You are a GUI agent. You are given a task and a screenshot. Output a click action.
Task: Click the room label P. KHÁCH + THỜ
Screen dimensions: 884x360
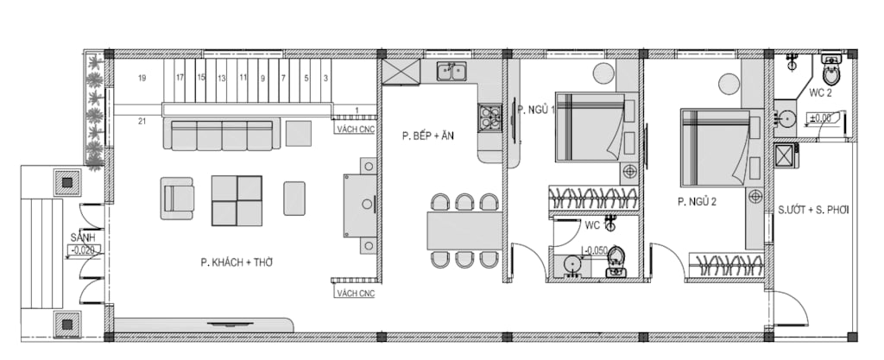tap(237, 262)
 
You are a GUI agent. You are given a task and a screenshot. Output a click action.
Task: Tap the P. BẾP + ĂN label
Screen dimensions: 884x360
tap(428, 136)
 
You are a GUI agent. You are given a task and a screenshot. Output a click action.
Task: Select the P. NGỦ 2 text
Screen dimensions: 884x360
tap(697, 202)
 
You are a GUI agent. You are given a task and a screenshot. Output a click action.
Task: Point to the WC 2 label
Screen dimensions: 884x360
tap(820, 93)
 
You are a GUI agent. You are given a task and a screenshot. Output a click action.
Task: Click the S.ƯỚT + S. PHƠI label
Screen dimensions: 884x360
tap(813, 210)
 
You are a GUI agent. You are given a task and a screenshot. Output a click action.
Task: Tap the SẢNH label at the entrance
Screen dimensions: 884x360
tap(82, 237)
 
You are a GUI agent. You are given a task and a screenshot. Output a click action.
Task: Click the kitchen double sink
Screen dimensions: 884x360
tap(451, 72)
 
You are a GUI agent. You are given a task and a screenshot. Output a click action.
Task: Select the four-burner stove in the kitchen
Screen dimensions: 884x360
tap(489, 117)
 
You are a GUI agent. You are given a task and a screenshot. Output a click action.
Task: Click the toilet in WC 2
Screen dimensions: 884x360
tap(831, 69)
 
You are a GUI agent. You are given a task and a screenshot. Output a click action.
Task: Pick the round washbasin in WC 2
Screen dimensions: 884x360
tap(785, 118)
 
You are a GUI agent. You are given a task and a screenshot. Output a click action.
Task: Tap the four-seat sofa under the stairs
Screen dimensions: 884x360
tap(222, 134)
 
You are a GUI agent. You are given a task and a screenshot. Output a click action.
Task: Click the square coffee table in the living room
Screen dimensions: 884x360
tap(237, 200)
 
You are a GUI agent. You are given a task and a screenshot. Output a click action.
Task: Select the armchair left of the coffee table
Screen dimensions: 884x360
tap(177, 199)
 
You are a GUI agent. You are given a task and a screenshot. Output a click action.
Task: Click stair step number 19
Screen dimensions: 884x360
tap(142, 79)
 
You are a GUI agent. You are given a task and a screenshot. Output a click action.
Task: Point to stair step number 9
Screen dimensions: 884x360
tap(262, 79)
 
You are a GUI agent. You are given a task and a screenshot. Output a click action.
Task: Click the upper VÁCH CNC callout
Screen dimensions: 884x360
tap(355, 129)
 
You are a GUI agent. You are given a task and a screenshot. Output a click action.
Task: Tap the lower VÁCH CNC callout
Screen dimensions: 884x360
tap(355, 294)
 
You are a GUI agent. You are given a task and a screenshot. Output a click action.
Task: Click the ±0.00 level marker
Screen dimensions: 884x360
tap(821, 118)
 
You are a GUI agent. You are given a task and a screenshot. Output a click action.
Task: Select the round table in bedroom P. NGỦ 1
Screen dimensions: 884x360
tap(603, 73)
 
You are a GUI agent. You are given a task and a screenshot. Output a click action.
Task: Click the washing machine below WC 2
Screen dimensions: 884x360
tap(785, 156)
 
